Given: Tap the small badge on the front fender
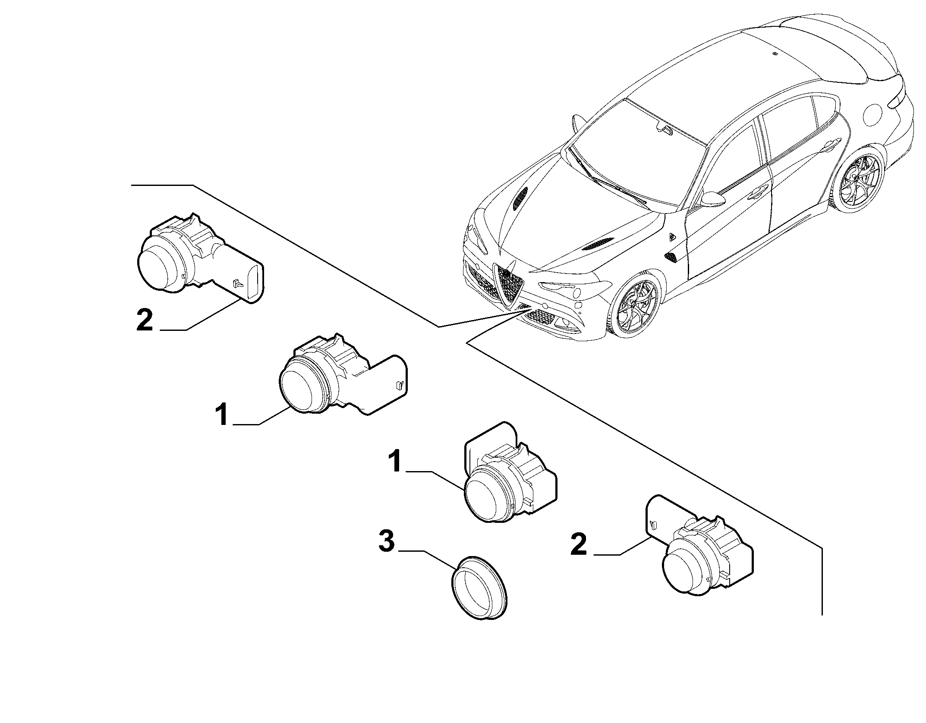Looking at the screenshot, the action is pos(673,237).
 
